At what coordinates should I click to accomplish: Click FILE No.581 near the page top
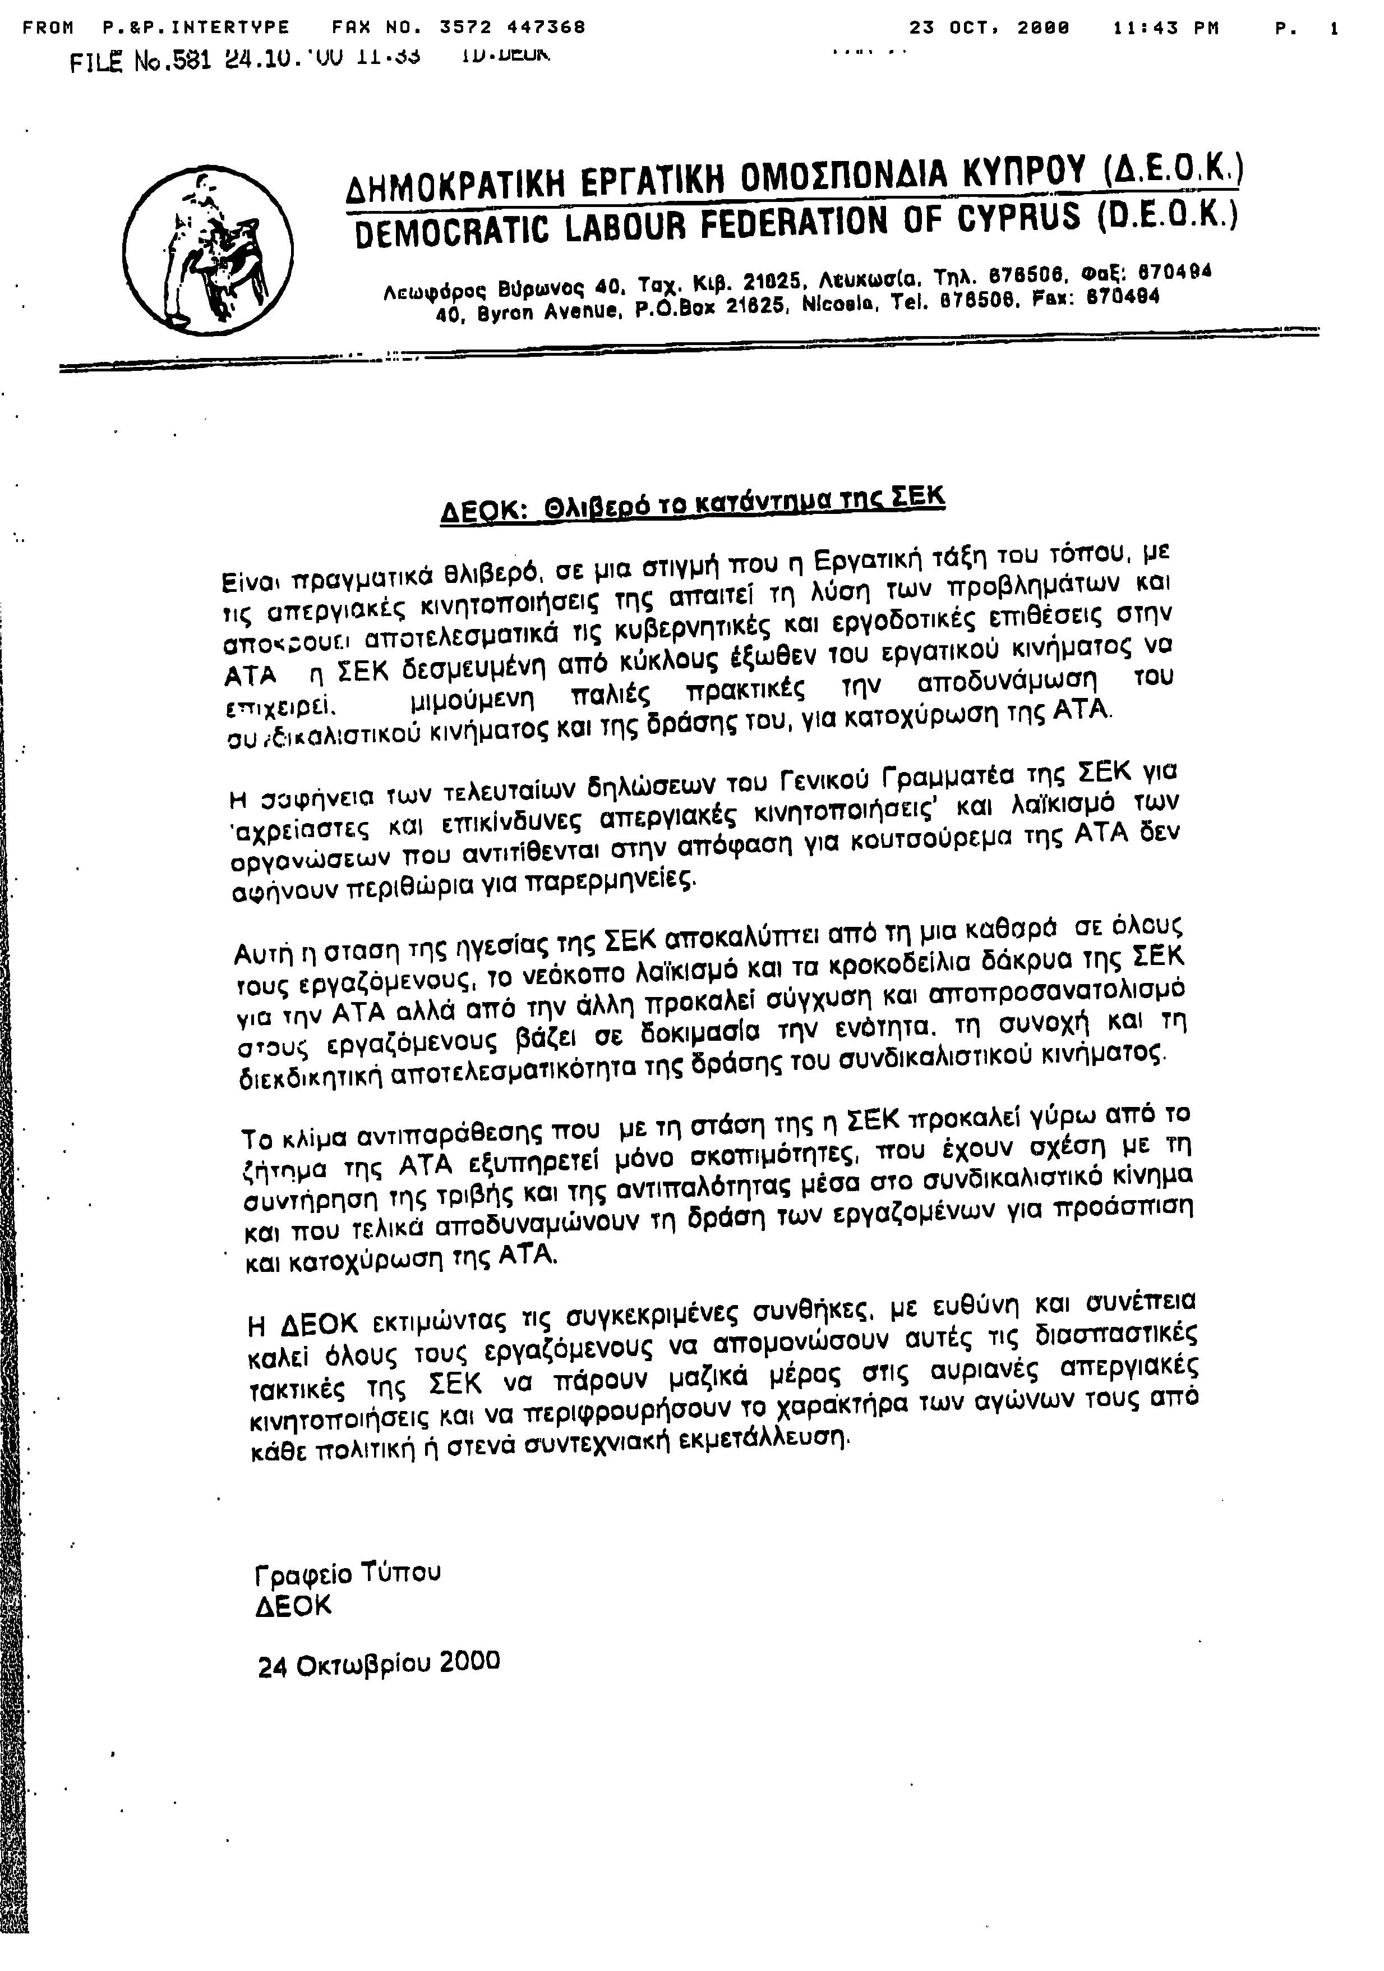141,62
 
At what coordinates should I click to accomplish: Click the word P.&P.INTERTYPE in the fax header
196,27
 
